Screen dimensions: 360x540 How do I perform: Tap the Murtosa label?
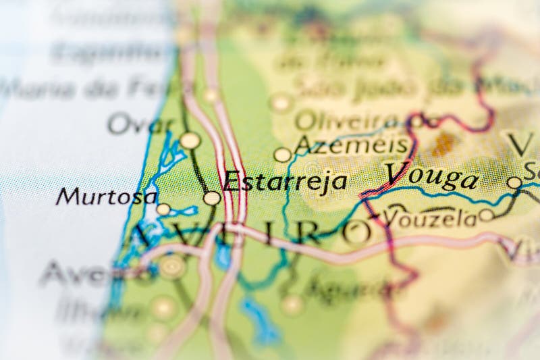click(107, 197)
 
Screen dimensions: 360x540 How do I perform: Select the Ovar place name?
click(140, 124)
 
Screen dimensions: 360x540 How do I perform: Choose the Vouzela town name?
click(430, 217)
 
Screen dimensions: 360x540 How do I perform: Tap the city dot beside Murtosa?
click(163, 209)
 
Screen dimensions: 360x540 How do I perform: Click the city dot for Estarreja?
click(212, 198)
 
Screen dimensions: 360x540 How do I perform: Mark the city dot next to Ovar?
click(190, 140)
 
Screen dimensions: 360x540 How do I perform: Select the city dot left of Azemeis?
click(283, 155)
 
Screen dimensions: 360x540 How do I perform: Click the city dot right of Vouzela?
click(487, 215)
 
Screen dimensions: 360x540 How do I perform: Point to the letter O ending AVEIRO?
click(357, 232)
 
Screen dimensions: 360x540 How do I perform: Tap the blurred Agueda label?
click(345, 288)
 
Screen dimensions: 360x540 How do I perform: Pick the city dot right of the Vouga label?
click(514, 182)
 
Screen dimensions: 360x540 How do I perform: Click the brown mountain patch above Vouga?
click(443, 143)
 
